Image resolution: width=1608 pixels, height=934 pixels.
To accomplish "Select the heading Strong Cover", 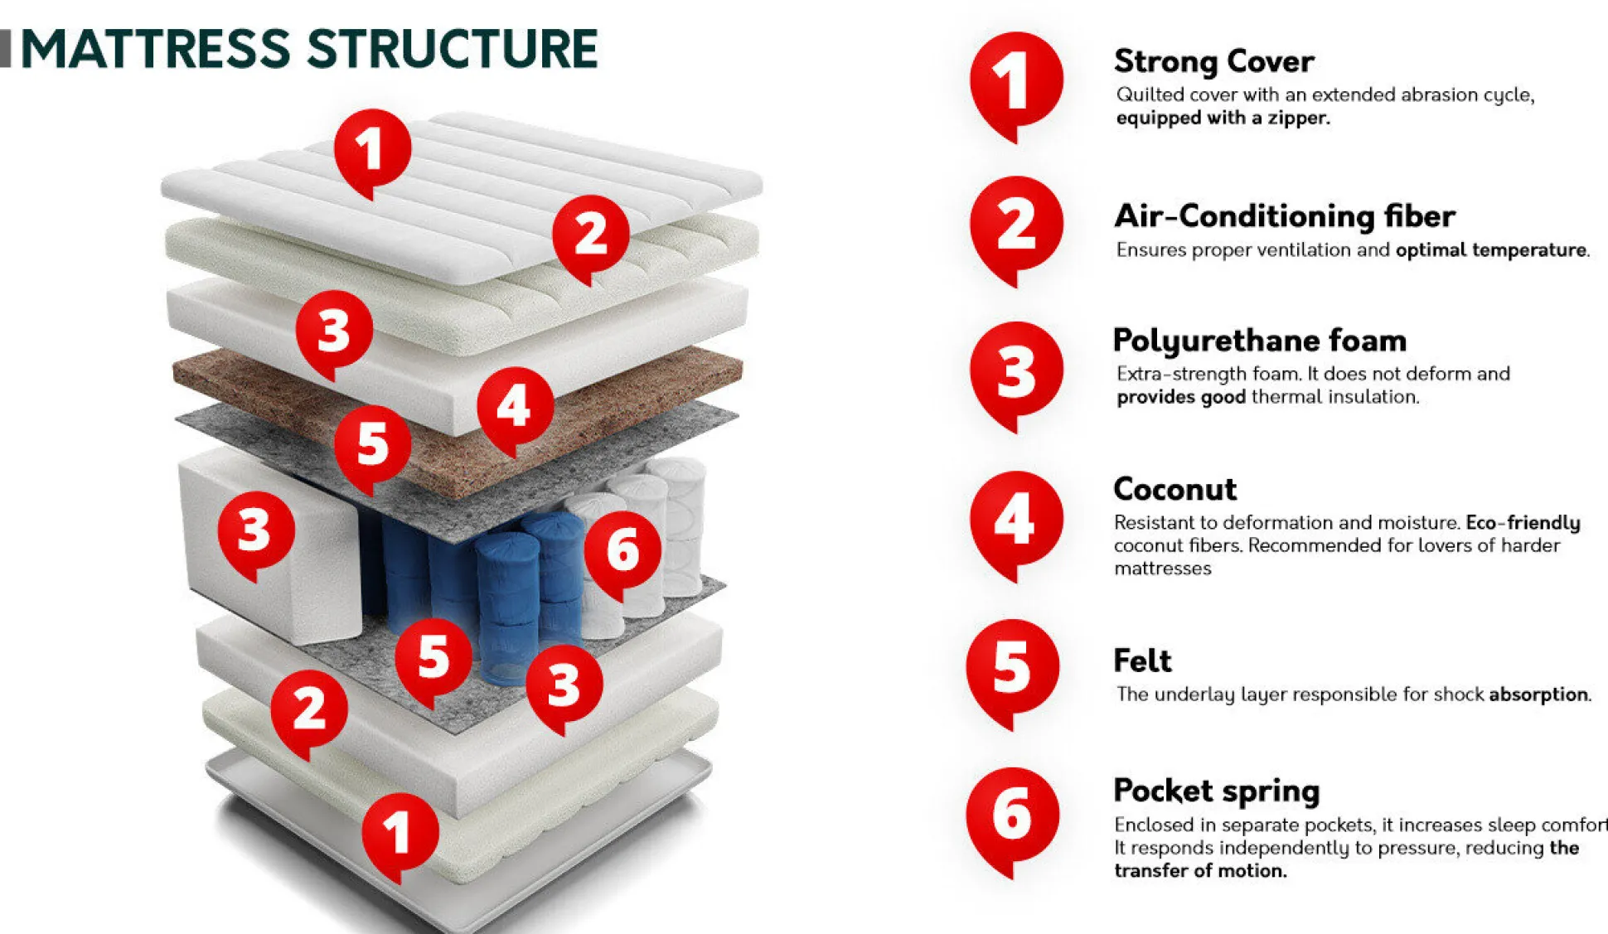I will tap(1213, 61).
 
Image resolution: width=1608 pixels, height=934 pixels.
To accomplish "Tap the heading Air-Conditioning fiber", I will tap(1284, 216).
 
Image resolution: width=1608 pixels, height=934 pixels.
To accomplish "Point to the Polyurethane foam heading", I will tap(1259, 341).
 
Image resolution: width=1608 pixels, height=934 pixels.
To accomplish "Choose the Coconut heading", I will tap(1175, 489).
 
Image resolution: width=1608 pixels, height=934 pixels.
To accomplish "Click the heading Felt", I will tap(1142, 661).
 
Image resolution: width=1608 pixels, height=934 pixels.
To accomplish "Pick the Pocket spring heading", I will tap(1216, 791).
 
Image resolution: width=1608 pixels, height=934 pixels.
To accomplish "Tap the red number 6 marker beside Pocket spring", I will tap(1012, 816).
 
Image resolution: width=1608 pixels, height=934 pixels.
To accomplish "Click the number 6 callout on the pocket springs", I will tap(622, 551).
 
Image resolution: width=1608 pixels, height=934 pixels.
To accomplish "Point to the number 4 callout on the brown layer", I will tap(515, 406).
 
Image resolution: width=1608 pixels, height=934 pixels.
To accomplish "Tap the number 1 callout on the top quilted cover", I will tap(372, 149).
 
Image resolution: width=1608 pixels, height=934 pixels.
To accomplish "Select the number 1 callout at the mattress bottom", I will tap(400, 831).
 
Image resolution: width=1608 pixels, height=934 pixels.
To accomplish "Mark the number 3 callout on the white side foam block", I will tap(255, 530).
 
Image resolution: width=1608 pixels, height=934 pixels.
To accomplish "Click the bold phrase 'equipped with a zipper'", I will tap(1223, 118).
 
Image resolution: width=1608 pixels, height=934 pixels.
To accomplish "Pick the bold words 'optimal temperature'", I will tap(1490, 250).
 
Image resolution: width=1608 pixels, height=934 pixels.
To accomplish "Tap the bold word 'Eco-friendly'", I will tap(1523, 523).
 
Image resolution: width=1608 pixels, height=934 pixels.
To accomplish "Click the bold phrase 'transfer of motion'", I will tap(1199, 871).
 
